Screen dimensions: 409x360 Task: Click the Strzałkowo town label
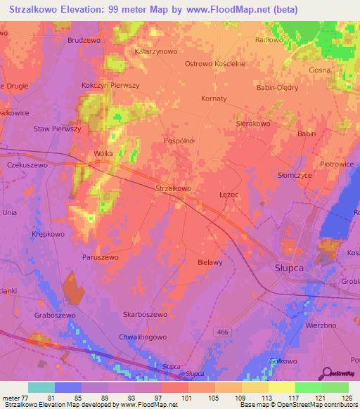click(172, 188)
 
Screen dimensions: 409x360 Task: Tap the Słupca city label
click(287, 267)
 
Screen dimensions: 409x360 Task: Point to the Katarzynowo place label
click(156, 51)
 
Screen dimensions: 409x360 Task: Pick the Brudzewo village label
click(84, 41)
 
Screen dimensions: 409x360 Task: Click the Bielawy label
click(210, 262)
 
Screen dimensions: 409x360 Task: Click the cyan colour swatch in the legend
click(41, 387)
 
